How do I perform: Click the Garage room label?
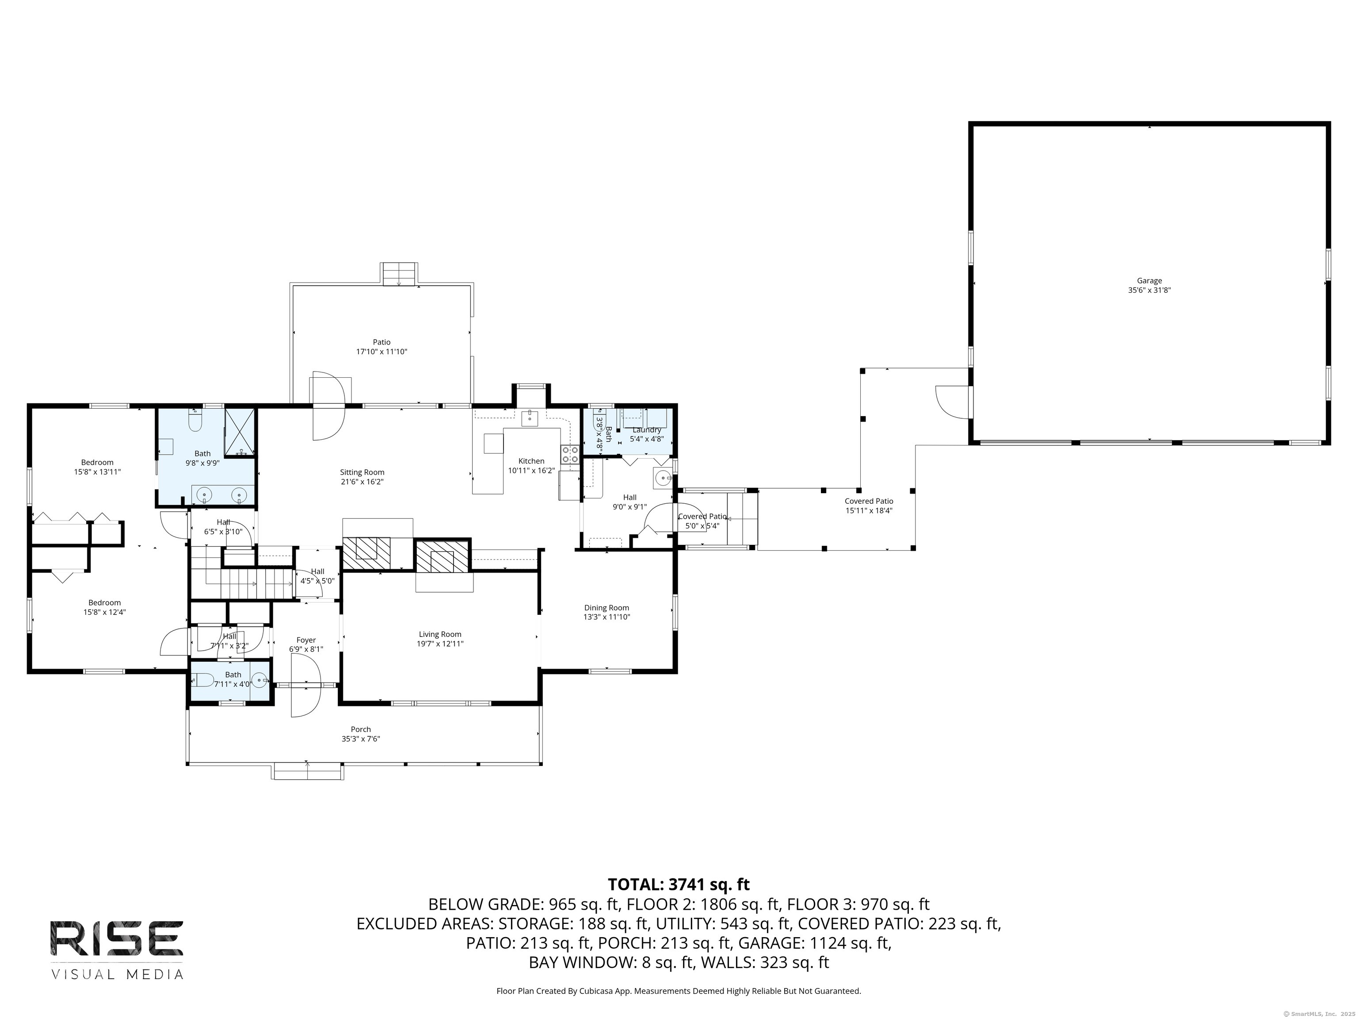[x=1148, y=281]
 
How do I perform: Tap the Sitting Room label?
[x=362, y=472]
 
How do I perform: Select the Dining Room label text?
[x=607, y=608]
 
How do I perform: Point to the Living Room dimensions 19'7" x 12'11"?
[x=440, y=644]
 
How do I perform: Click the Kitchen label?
[x=531, y=461]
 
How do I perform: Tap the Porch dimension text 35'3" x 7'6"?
[x=361, y=739]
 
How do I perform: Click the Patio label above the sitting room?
[x=381, y=342]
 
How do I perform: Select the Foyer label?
[x=306, y=640]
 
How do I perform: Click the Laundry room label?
[x=646, y=430]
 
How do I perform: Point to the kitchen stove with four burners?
[x=570, y=455]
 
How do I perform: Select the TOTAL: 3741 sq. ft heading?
[x=679, y=885]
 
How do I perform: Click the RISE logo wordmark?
[x=117, y=938]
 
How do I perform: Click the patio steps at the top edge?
[x=399, y=274]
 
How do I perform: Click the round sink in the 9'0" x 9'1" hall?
[x=663, y=478]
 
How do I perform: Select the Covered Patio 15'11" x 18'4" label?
[x=869, y=506]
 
